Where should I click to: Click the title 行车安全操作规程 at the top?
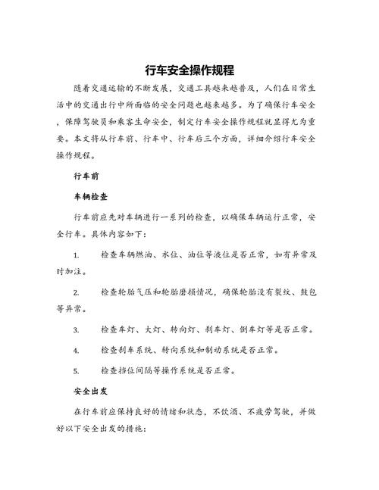189,68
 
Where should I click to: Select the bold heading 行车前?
87,176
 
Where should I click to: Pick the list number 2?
76,292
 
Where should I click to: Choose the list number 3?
76,330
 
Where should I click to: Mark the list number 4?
76,351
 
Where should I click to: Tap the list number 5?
76,370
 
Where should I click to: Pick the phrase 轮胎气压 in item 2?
137,292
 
